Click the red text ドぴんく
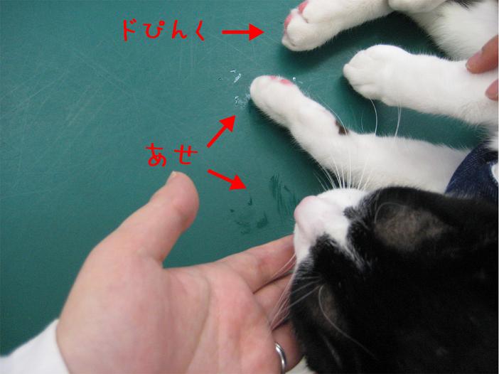pyautogui.click(x=163, y=31)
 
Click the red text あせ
pyautogui.click(x=172, y=155)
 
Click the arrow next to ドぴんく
pyautogui.click(x=243, y=32)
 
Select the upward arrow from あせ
pyautogui.click(x=221, y=131)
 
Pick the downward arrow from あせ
pyautogui.click(x=227, y=180)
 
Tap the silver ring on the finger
pyautogui.click(x=281, y=357)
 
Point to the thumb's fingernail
pyautogui.click(x=174, y=174)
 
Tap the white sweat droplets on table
pyautogui.click(x=239, y=89)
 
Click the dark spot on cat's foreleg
pyautogui.click(x=341, y=128)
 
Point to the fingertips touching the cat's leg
pyautogui.click(x=484, y=70)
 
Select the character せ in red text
pyautogui.click(x=186, y=155)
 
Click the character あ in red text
pyautogui.click(x=156, y=155)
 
